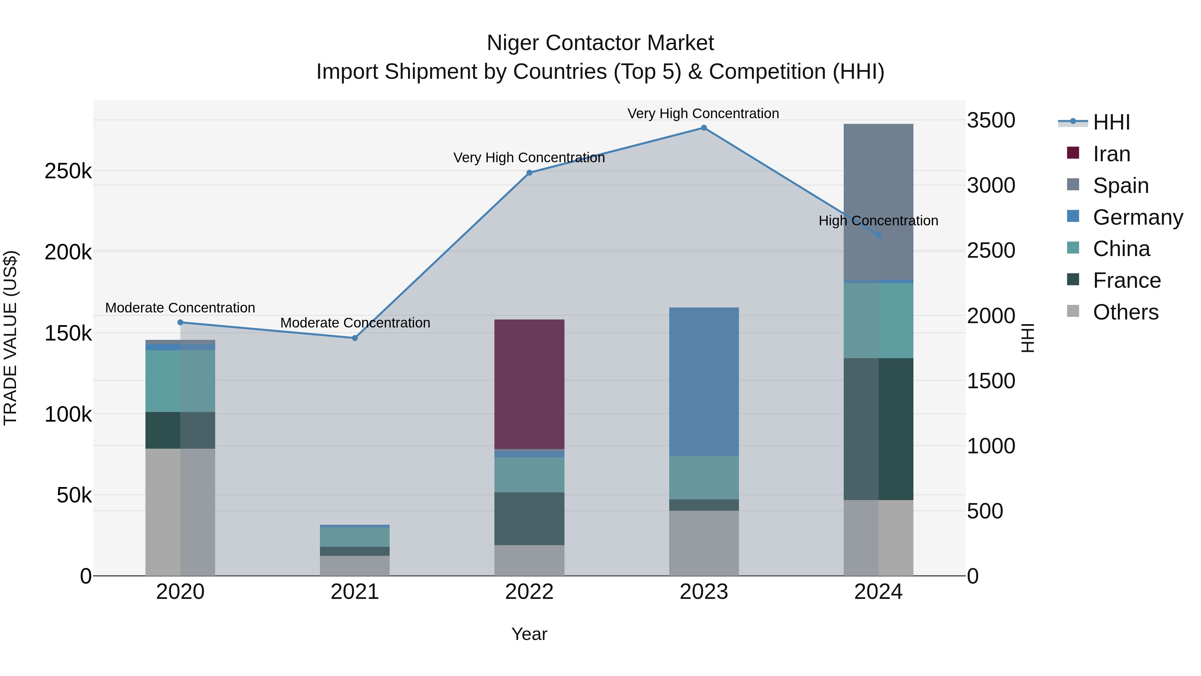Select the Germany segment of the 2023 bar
pyautogui.click(x=704, y=381)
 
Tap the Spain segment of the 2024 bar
pyautogui.click(x=878, y=202)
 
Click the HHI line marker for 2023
pyautogui.click(x=704, y=128)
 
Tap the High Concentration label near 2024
pyautogui.click(x=878, y=221)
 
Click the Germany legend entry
pyautogui.click(x=1137, y=217)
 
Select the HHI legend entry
pyautogui.click(x=1111, y=122)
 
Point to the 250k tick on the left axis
pyautogui.click(x=68, y=171)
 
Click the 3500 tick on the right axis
pyautogui.click(x=991, y=121)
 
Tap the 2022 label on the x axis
pyautogui.click(x=529, y=592)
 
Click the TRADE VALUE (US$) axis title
pyautogui.click(x=10, y=338)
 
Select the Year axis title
pyautogui.click(x=529, y=634)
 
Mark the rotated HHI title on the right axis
pyautogui.click(x=1028, y=338)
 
